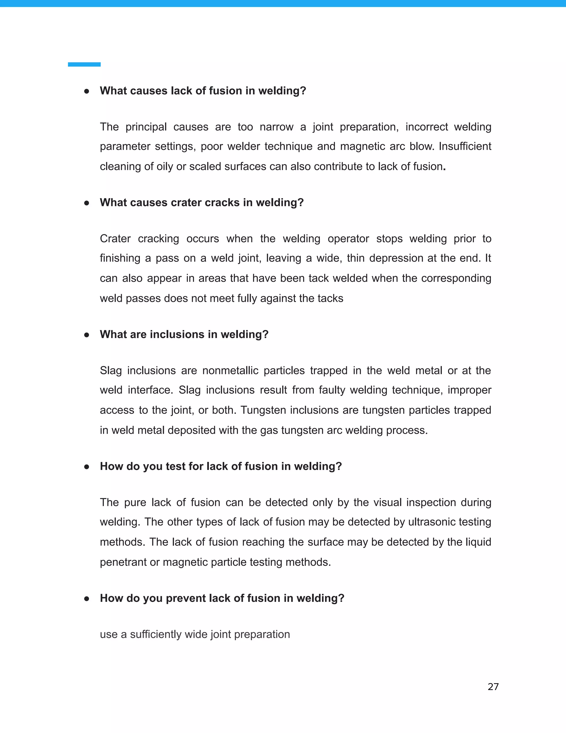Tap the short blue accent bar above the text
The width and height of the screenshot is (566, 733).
[x=84, y=64]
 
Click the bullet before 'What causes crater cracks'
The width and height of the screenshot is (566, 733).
[x=87, y=203]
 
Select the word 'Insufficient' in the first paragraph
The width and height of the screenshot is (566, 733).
[x=465, y=146]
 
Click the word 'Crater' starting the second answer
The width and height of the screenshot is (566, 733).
[x=115, y=239]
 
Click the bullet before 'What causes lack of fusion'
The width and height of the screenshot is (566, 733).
[x=87, y=91]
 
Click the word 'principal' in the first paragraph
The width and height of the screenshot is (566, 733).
[x=146, y=127]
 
